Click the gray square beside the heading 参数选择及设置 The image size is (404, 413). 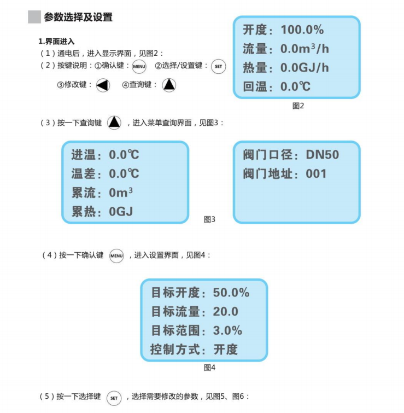34,17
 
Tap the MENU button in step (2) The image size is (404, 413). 139,67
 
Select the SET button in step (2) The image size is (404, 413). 218,67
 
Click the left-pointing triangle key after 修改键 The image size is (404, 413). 103,85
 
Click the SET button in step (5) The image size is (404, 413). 114,398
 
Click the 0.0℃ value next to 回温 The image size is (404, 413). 295,86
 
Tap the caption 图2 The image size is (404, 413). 298,106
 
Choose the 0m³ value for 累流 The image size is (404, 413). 121,193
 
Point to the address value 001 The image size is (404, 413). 316,174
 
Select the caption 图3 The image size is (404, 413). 209,219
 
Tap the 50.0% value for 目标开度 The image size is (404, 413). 231,293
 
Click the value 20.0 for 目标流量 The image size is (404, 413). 226,312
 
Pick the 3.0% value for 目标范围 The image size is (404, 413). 227,330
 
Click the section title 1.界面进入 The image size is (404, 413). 56,42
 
